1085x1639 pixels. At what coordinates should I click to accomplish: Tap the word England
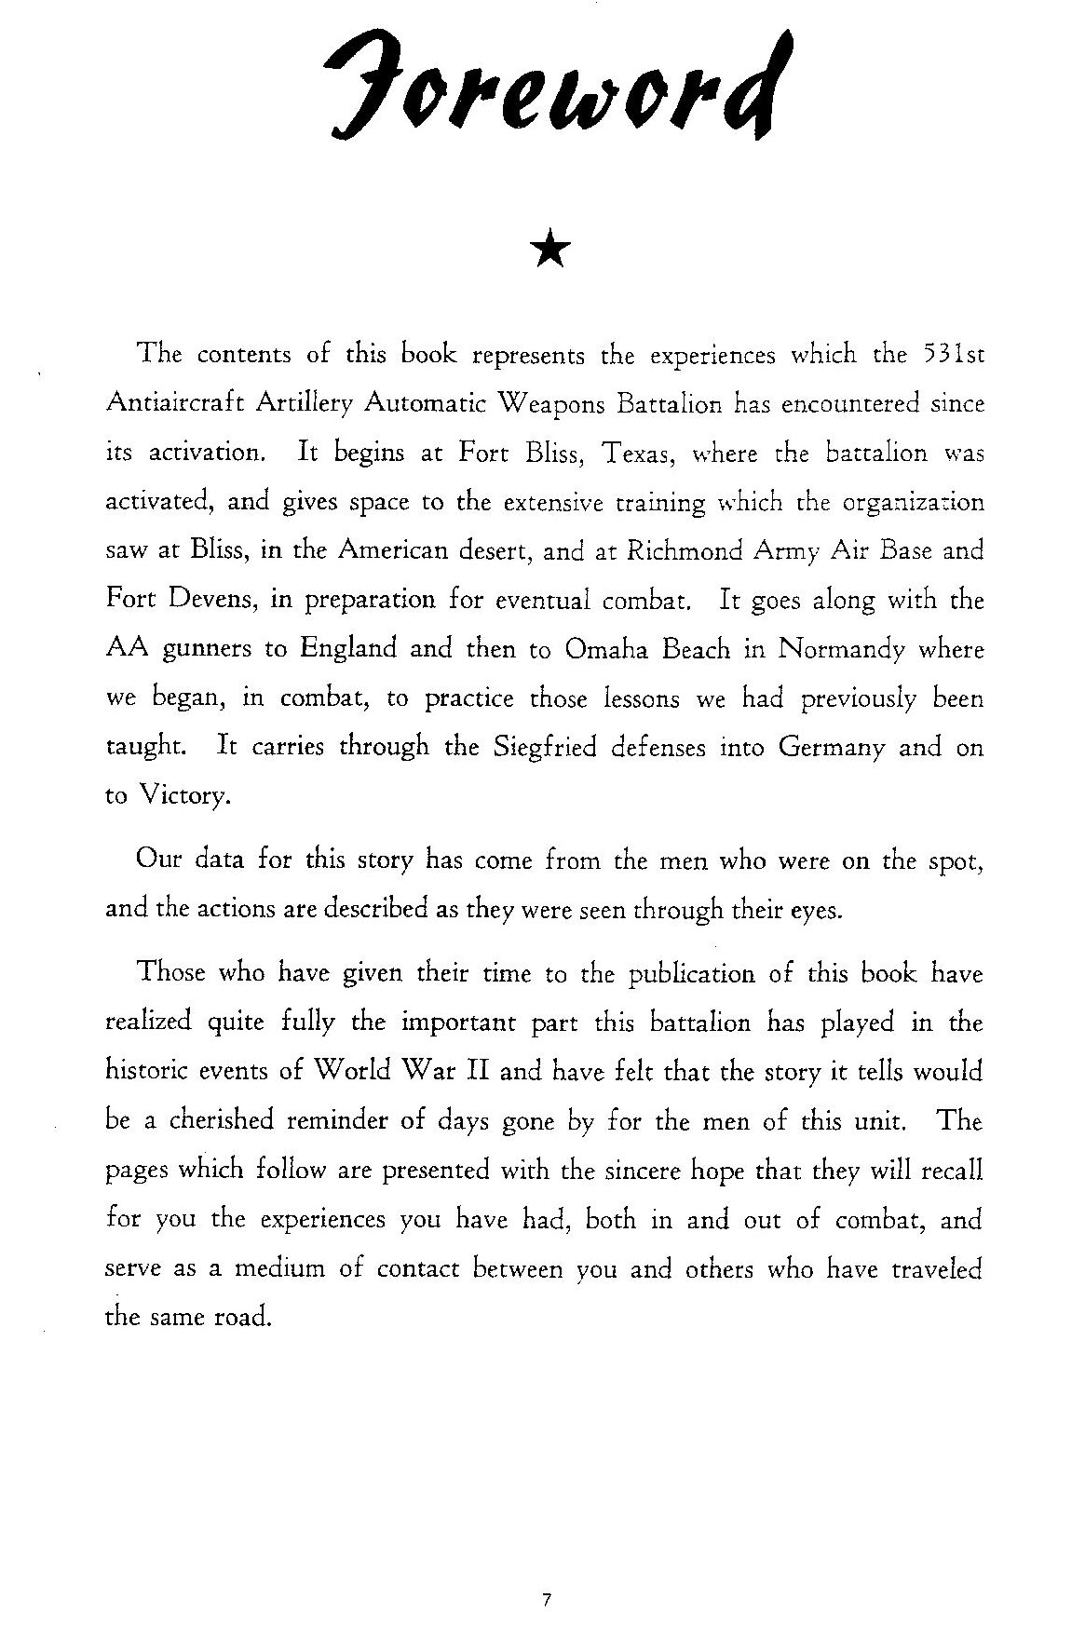point(348,648)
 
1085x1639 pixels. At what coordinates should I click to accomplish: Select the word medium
point(277,1268)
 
